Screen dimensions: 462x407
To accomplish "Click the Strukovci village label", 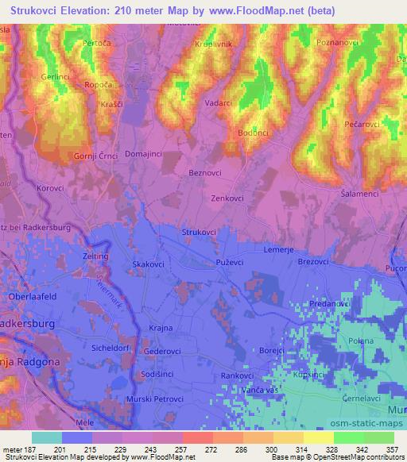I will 199,231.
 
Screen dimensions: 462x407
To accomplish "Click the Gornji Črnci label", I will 97,156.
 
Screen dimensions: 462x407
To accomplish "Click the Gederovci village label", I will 162,350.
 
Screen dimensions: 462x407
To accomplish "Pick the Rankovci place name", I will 237,375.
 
